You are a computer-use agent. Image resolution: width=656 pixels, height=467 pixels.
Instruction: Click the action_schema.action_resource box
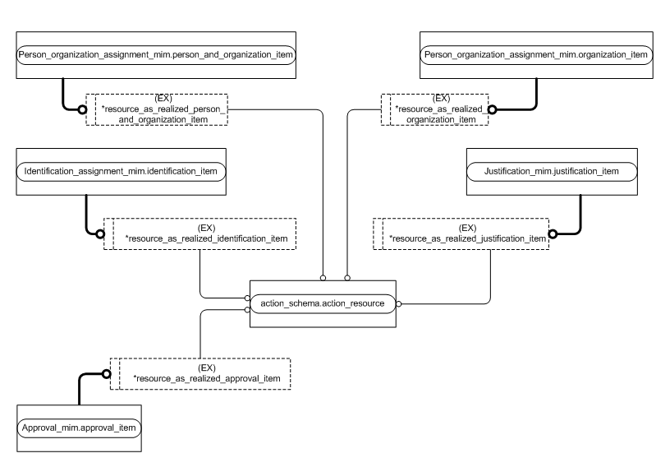pos(323,303)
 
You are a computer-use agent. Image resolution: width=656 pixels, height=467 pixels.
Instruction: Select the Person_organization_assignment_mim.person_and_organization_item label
pos(156,53)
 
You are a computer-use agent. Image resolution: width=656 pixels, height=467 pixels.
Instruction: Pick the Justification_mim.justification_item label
pos(552,171)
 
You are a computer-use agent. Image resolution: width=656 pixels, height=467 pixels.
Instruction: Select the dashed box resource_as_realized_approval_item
pos(201,372)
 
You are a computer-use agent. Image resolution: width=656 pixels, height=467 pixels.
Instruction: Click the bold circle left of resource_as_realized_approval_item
pos(106,373)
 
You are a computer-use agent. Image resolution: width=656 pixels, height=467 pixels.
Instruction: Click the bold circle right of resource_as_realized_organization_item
pos(492,109)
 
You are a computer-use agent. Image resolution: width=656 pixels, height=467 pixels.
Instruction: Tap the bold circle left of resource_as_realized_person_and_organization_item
pos(82,109)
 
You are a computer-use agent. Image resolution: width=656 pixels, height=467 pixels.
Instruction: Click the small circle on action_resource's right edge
pos(398,303)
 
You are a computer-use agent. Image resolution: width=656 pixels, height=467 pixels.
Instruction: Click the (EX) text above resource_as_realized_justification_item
pos(467,227)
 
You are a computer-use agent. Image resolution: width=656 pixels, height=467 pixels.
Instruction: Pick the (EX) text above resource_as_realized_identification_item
pos(208,227)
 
